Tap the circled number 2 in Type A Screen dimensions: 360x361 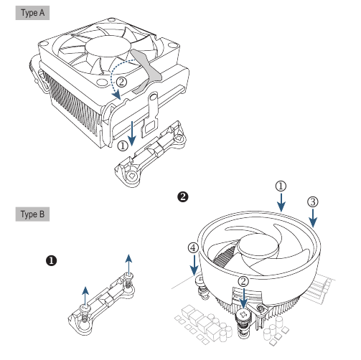tap(121, 82)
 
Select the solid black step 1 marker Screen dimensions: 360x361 tap(52, 261)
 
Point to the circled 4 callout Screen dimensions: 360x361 tap(193, 249)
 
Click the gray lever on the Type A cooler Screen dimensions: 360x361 tap(146, 65)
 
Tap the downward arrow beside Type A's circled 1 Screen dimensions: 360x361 tap(133, 133)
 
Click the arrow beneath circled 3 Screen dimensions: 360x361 tap(312, 218)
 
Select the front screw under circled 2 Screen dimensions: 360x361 tap(244, 314)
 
